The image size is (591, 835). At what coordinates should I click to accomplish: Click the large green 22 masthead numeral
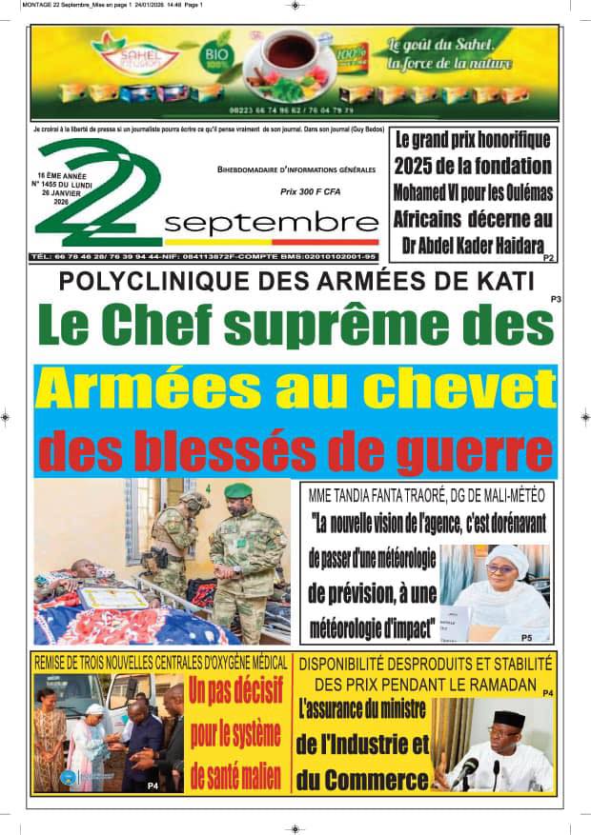tap(95, 190)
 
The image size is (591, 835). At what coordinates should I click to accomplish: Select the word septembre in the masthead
tap(257, 224)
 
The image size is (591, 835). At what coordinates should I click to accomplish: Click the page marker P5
tap(526, 636)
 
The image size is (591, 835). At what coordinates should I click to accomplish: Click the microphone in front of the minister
tap(467, 769)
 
